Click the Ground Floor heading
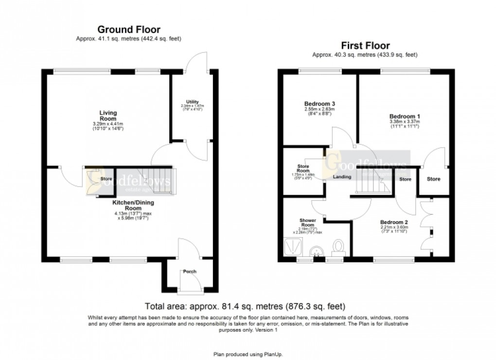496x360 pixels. (129, 30)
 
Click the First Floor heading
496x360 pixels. (365, 46)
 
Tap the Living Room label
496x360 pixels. (108, 116)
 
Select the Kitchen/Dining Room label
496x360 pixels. (130, 205)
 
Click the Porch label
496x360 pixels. (190, 271)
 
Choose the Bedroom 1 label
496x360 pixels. (405, 116)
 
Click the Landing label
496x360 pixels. (342, 177)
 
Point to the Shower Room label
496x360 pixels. (307, 223)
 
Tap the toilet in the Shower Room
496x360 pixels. (338, 248)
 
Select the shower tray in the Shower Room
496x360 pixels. (293, 247)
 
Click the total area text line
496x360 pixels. (246, 306)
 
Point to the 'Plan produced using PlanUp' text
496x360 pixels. (248, 354)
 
